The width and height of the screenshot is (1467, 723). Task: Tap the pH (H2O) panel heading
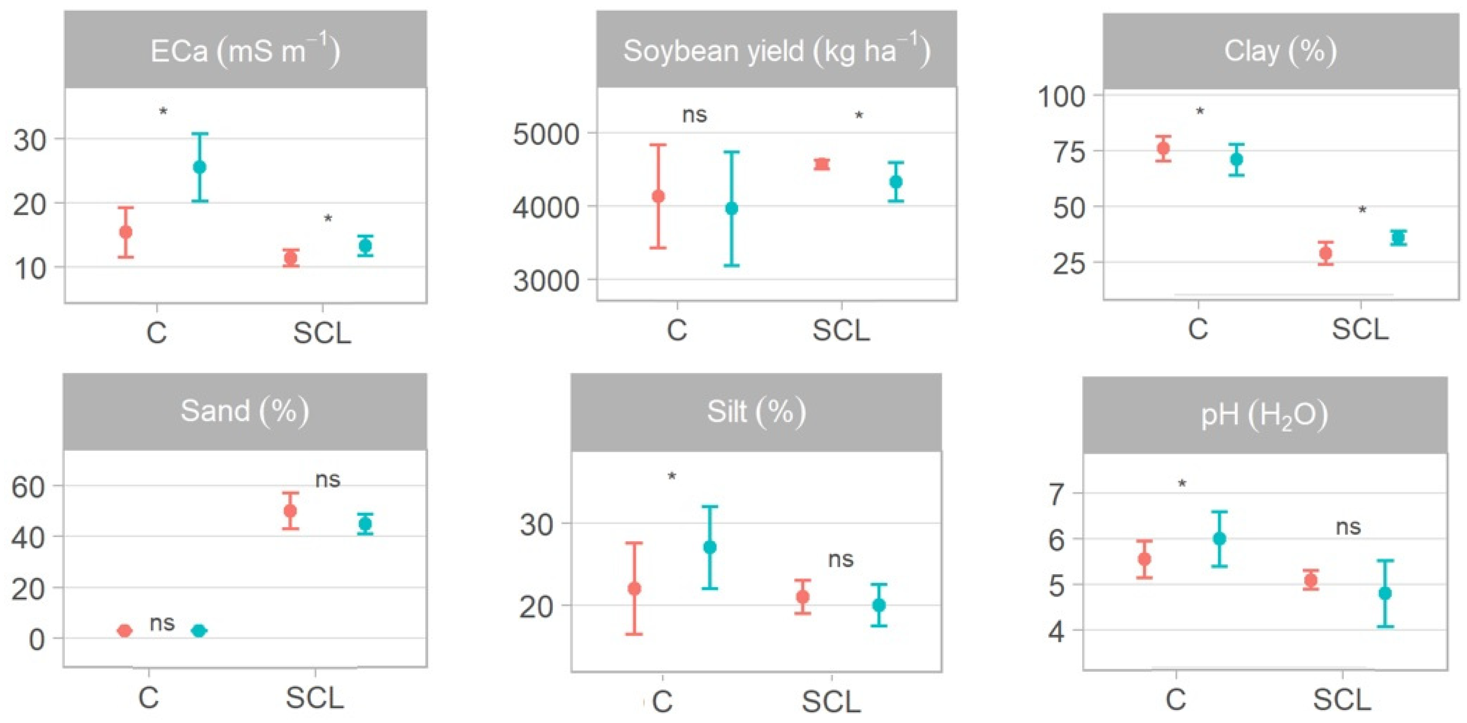click(x=1264, y=415)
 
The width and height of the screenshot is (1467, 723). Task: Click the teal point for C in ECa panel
click(x=199, y=167)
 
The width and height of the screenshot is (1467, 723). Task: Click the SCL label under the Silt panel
click(x=831, y=702)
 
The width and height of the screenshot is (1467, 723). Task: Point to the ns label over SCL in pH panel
click(x=1348, y=527)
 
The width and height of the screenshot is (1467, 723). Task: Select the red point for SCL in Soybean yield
click(x=821, y=164)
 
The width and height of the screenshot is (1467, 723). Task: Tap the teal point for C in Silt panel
click(x=709, y=547)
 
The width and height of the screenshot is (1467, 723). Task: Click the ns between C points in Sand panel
click(x=162, y=623)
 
